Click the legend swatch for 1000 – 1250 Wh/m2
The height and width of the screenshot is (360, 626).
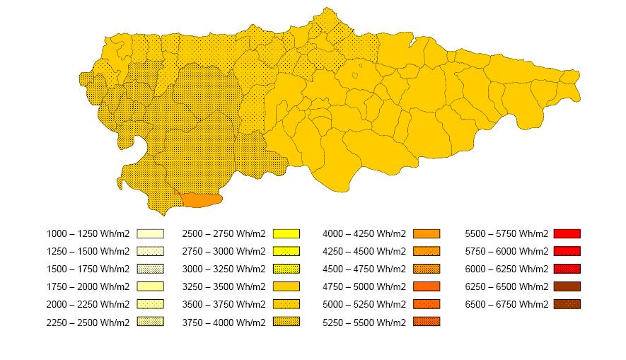[x=150, y=233]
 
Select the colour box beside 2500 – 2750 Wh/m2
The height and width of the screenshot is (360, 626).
[x=286, y=233]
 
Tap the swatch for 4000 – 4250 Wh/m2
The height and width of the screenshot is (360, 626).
[x=427, y=233]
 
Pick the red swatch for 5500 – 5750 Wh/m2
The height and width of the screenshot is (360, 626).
[x=567, y=233]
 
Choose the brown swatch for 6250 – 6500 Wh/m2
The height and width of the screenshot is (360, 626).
[x=567, y=286]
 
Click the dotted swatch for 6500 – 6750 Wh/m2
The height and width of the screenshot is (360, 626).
[x=567, y=304]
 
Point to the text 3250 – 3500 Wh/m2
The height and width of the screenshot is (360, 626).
[x=224, y=286]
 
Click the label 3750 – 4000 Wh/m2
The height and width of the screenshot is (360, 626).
[x=224, y=322]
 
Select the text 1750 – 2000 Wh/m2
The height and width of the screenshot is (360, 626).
[x=88, y=286]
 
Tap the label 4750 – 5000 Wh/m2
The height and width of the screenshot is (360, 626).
[x=364, y=286]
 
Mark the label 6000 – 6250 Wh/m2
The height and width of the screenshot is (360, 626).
[x=506, y=269]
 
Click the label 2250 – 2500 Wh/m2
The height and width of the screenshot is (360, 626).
[x=88, y=322]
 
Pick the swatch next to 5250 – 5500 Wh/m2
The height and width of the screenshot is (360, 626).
[x=427, y=322]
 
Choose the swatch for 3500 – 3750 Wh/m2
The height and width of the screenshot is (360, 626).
[x=286, y=304]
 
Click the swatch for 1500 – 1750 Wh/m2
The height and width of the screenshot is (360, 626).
[x=150, y=269]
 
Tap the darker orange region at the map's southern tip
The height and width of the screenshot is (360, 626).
[x=202, y=200]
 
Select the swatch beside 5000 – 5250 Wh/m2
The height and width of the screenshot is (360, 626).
[x=427, y=304]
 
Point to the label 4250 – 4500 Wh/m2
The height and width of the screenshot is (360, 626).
[x=364, y=251]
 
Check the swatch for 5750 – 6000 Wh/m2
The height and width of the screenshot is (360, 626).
[x=567, y=251]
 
